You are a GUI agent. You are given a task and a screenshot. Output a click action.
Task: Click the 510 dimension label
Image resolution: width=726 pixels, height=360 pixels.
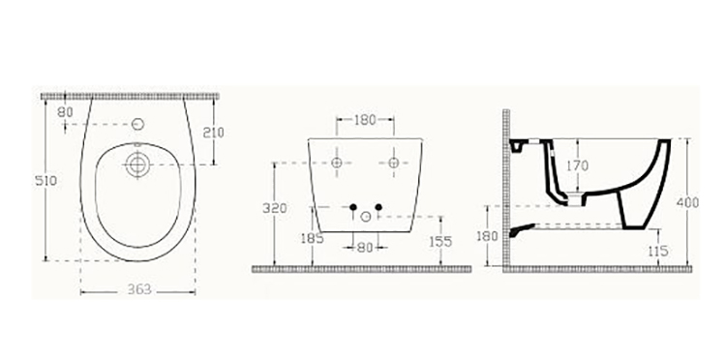click(46, 180)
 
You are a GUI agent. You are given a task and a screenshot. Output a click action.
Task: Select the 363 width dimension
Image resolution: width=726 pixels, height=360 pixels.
click(139, 289)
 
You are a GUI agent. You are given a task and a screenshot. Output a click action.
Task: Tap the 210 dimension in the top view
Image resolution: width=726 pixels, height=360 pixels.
click(214, 133)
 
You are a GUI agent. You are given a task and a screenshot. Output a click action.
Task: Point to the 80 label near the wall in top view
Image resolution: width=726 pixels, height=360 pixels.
click(66, 112)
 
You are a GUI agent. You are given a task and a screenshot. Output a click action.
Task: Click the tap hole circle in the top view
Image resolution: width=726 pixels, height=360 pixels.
click(138, 124)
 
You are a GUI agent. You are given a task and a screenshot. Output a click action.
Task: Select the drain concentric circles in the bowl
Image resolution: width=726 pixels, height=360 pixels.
click(137, 165)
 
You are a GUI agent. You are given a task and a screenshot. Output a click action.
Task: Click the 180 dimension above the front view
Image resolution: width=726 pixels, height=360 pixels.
click(365, 120)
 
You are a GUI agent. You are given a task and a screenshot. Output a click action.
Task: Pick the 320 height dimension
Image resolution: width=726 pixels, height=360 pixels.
click(275, 208)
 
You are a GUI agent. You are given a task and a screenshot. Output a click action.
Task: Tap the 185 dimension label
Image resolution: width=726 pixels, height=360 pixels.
click(312, 239)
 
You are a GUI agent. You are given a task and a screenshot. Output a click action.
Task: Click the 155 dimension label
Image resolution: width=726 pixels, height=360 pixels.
click(440, 241)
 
